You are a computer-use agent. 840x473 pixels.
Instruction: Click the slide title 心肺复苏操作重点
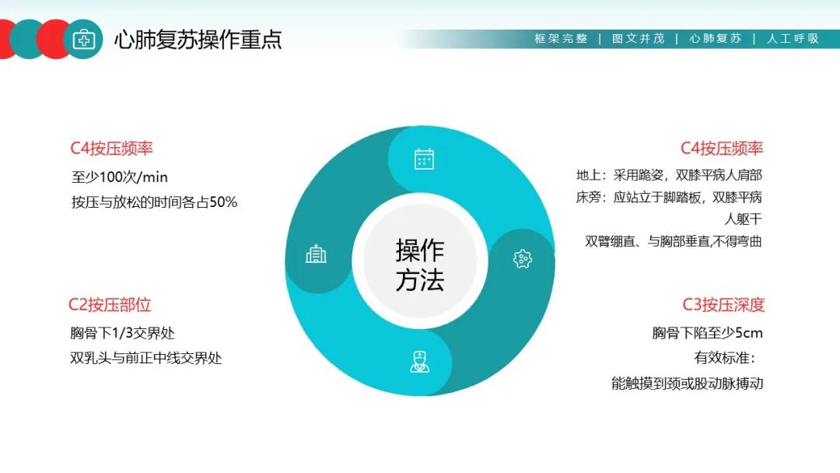click(x=198, y=40)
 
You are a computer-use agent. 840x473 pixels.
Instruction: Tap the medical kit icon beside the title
click(x=83, y=39)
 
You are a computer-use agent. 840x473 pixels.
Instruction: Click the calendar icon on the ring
click(x=424, y=159)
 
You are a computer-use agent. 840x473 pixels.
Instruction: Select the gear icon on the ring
click(x=523, y=258)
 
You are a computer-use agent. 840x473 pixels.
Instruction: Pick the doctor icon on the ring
click(x=420, y=361)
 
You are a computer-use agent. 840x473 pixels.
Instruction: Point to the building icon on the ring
click(x=316, y=254)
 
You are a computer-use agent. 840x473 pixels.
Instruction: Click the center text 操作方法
click(x=420, y=265)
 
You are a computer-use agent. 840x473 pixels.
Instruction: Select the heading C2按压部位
click(x=110, y=305)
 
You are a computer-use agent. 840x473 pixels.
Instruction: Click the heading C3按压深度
click(x=723, y=305)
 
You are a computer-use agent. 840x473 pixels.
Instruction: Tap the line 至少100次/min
click(x=120, y=177)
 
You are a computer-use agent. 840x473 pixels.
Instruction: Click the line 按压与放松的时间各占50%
click(x=155, y=202)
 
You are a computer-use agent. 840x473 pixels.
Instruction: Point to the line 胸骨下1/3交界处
click(x=123, y=333)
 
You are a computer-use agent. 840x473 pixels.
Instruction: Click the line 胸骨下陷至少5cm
click(x=707, y=333)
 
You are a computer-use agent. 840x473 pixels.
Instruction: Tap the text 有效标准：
click(x=726, y=359)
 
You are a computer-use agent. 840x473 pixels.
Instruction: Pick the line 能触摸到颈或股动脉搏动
click(x=687, y=384)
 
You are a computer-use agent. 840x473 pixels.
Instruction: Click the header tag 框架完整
click(x=561, y=38)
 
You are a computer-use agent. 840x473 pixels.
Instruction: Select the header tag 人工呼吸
click(x=793, y=38)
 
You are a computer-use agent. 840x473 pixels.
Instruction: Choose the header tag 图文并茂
click(x=638, y=38)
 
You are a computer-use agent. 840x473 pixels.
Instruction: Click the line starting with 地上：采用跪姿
click(x=669, y=175)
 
